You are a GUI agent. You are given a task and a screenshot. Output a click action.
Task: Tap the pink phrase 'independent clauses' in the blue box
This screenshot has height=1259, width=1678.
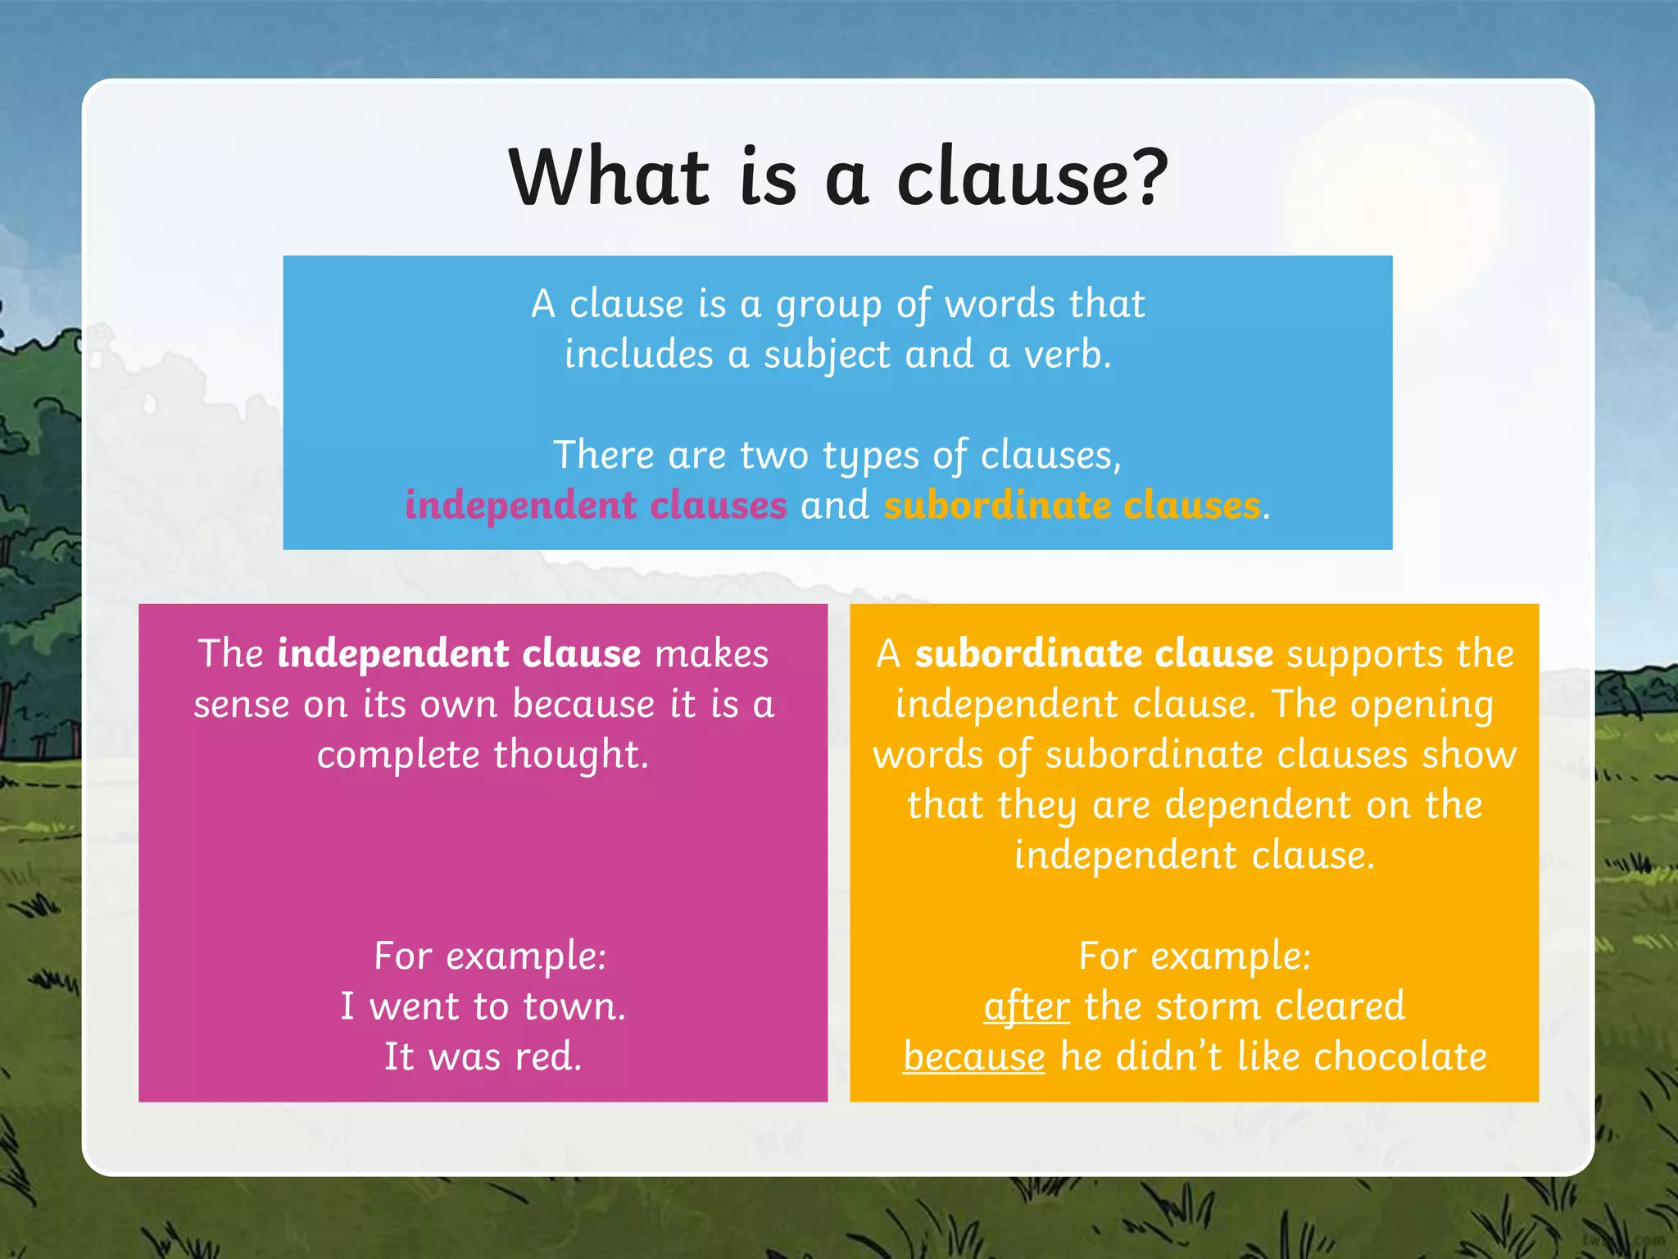596,505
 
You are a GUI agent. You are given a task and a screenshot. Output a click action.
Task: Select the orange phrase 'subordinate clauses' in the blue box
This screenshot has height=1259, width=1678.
1072,505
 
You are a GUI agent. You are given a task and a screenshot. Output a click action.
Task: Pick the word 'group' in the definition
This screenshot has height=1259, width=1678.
828,306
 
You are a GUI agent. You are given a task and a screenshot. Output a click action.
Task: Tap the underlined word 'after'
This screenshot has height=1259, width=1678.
1027,1007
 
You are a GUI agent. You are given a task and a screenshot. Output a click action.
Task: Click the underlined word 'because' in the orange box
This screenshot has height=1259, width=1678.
974,1057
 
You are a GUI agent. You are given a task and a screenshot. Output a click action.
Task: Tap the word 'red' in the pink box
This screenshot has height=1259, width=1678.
544,1057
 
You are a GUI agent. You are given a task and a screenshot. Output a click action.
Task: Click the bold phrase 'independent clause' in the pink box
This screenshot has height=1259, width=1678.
459,654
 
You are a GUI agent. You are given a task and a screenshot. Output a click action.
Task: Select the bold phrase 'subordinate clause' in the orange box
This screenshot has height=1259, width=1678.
1094,654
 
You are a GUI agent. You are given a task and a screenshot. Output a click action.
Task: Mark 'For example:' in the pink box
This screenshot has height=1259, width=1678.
490,957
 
